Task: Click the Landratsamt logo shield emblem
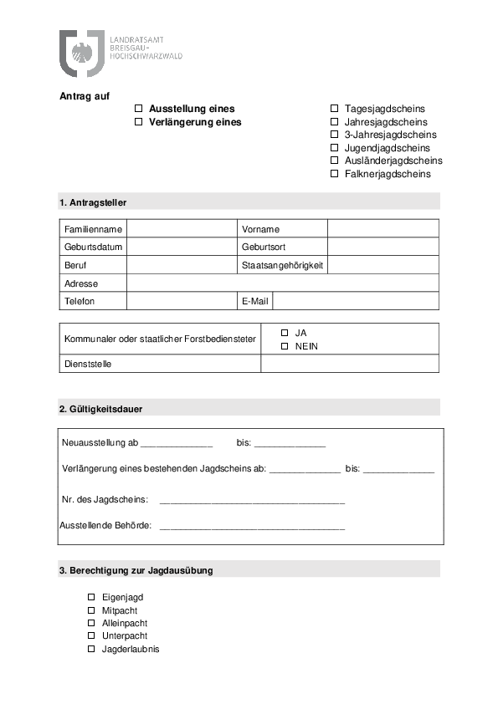coord(81,52)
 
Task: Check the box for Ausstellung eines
coord(139,109)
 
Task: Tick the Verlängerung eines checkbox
coord(139,122)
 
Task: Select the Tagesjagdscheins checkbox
coord(335,109)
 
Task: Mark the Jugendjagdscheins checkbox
coord(335,148)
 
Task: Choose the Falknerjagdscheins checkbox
coord(335,174)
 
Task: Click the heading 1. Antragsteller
coord(93,202)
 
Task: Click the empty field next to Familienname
coord(182,229)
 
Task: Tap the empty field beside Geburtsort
coord(382,247)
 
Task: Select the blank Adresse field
coord(282,283)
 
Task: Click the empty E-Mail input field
coord(355,301)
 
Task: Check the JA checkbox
coord(285,333)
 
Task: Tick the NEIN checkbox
coord(285,346)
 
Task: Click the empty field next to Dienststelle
coord(349,364)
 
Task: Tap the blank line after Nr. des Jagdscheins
coord(251,501)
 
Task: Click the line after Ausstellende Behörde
coord(251,527)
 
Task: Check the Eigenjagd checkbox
coord(91,598)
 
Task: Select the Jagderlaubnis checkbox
coord(91,649)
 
